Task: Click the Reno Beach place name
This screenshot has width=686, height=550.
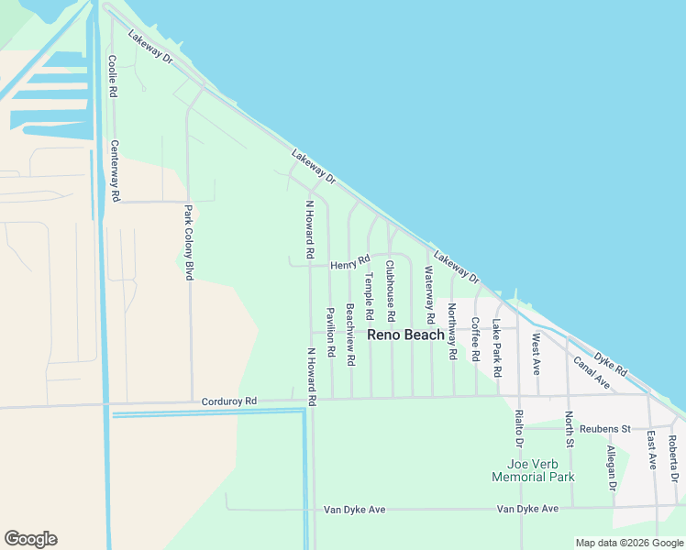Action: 405,335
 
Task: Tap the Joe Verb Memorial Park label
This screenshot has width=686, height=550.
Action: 533,469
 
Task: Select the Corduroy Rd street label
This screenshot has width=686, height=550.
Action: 229,401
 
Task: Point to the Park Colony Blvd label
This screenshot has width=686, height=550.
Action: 190,242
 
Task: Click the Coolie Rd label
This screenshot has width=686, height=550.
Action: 112,77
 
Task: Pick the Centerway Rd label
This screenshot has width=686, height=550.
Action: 116,170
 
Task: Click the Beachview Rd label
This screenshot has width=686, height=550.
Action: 349,335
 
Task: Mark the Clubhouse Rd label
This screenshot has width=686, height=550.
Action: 390,291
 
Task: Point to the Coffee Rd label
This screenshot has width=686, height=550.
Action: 475,339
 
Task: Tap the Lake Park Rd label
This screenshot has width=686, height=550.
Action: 496,349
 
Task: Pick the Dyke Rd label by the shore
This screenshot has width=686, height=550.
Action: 610,365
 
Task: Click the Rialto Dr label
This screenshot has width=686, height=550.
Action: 518,429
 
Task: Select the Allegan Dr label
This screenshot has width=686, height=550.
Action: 612,468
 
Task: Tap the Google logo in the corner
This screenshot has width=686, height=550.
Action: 30,539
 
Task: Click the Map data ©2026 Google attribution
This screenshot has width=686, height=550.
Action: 629,543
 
